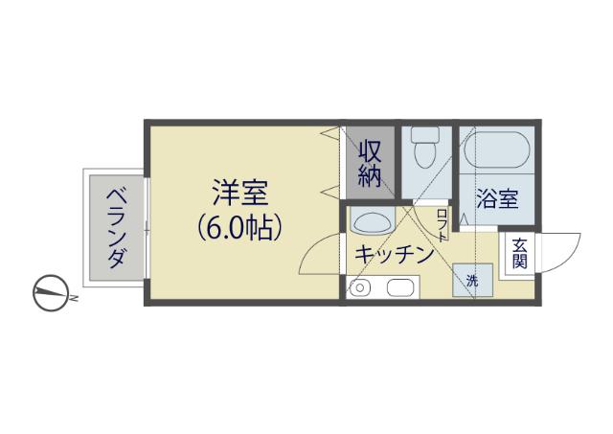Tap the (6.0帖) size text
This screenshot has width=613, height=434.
pos(240,228)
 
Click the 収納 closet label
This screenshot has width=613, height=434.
pos(371,162)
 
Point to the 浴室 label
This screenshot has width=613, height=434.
pos(498,200)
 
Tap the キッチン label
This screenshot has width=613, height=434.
pos(394,255)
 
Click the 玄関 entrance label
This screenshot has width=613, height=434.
pos(518,253)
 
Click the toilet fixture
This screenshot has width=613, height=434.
pos(422,152)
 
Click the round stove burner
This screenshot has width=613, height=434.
pos(361,286)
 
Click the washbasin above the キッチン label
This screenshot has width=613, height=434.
pos(370,223)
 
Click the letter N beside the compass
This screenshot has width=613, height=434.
pos(74,300)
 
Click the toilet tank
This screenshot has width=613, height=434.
pos(422,134)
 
